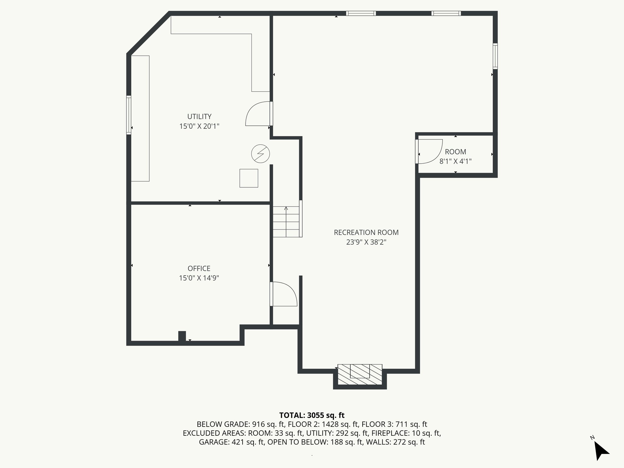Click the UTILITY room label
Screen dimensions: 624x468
click(199, 116)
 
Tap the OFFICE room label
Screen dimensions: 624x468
click(199, 268)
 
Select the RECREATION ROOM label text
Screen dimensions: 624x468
click(366, 232)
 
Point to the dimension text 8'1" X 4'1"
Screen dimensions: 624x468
click(456, 161)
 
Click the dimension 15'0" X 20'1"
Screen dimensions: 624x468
click(199, 126)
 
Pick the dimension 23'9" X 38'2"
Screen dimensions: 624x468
click(366, 242)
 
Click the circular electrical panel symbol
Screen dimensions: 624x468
click(261, 153)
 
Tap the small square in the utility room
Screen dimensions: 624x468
click(249, 178)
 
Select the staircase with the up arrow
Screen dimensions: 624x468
click(286, 222)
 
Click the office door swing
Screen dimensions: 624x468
click(284, 294)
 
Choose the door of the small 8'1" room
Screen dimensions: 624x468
click(429, 151)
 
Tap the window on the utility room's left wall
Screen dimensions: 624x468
click(129, 115)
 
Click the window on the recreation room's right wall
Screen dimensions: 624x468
click(495, 56)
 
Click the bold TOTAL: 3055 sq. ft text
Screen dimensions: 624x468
click(312, 415)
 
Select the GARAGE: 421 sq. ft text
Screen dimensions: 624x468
click(232, 442)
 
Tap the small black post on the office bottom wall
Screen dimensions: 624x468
click(182, 336)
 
